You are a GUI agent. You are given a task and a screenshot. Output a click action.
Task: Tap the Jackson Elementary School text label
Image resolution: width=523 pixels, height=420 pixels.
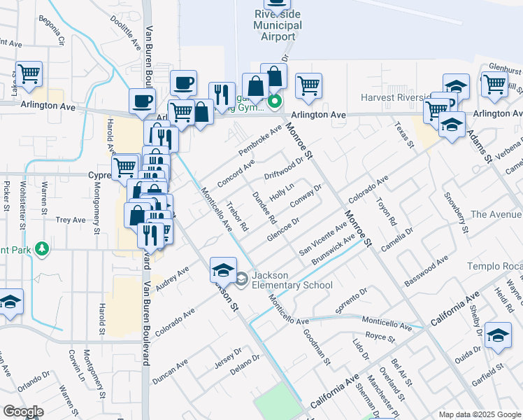pos(283,279)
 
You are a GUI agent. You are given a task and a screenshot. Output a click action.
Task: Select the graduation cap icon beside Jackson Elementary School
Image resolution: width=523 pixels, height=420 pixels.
pos(222,269)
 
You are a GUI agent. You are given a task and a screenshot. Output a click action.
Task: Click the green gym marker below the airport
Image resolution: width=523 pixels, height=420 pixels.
pos(275,101)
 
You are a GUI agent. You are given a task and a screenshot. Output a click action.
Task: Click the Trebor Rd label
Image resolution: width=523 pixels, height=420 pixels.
pos(238,218)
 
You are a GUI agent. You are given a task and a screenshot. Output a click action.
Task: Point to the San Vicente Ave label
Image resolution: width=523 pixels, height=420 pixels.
pos(322,239)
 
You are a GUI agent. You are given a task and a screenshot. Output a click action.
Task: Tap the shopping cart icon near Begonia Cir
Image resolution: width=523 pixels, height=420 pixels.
pos(29,73)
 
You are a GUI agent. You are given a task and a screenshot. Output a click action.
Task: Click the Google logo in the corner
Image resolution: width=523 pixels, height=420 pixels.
pos(23,412)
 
